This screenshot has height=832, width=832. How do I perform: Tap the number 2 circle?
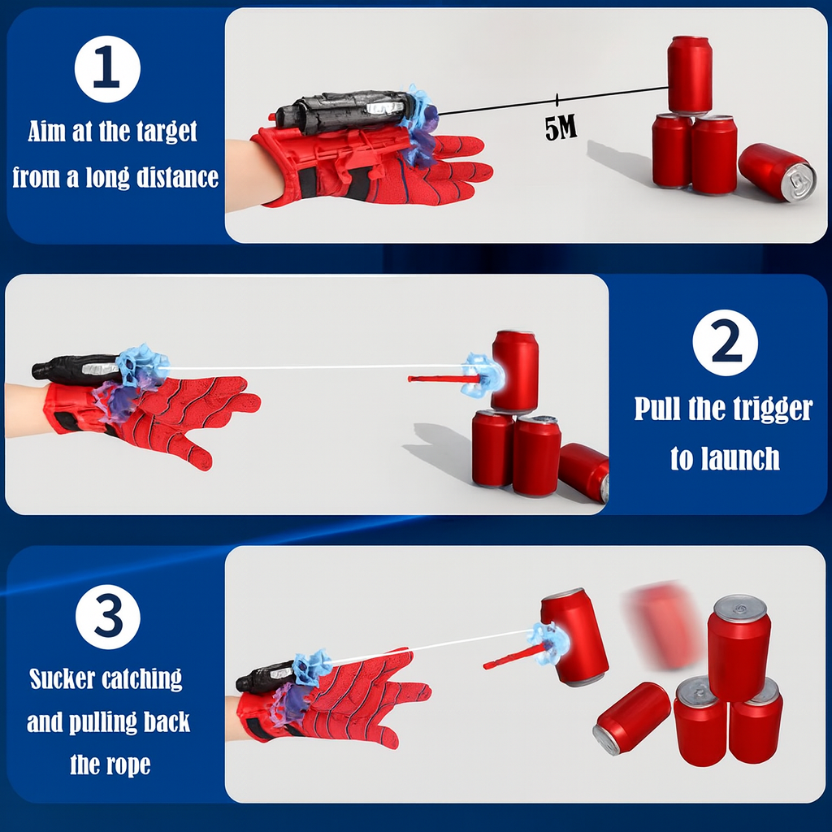[x=725, y=342]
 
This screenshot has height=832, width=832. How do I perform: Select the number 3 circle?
[x=108, y=616]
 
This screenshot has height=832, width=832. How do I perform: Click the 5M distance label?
[x=561, y=128]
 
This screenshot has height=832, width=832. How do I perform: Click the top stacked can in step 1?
[x=690, y=74]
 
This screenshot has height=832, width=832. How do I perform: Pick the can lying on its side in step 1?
[x=777, y=171]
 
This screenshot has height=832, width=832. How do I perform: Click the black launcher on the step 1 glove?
[x=341, y=112]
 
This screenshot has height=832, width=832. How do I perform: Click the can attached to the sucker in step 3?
[x=574, y=636]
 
